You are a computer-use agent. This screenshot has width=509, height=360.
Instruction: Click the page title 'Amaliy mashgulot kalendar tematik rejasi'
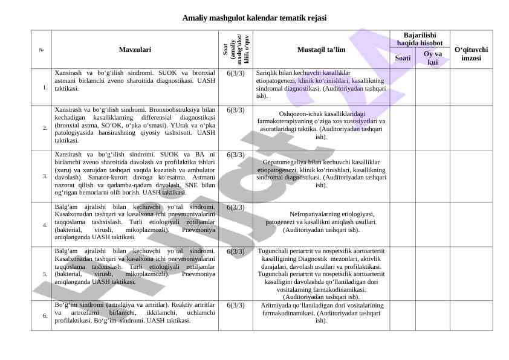pos(254,18)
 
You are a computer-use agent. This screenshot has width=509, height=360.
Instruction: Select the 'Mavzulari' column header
pos(135,49)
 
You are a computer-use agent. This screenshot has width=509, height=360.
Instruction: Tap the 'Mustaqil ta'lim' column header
pos(321,49)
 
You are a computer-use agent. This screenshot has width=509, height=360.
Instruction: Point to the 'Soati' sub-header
pos(403,58)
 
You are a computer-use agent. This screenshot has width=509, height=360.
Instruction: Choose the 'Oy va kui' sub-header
pos(432,58)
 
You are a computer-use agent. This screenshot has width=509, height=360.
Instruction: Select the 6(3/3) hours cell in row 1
pos(236,74)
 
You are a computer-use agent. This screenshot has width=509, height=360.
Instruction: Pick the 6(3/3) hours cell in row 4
pos(236,207)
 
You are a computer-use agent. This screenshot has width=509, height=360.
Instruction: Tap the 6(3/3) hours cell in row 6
pos(236,306)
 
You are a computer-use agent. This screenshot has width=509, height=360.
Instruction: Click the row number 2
pos(45,128)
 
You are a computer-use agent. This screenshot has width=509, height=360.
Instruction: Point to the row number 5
pos(45,274)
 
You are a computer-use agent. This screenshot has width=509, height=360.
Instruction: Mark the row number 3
pos(45,176)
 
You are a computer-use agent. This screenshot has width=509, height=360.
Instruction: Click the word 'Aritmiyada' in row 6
pos(277,306)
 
